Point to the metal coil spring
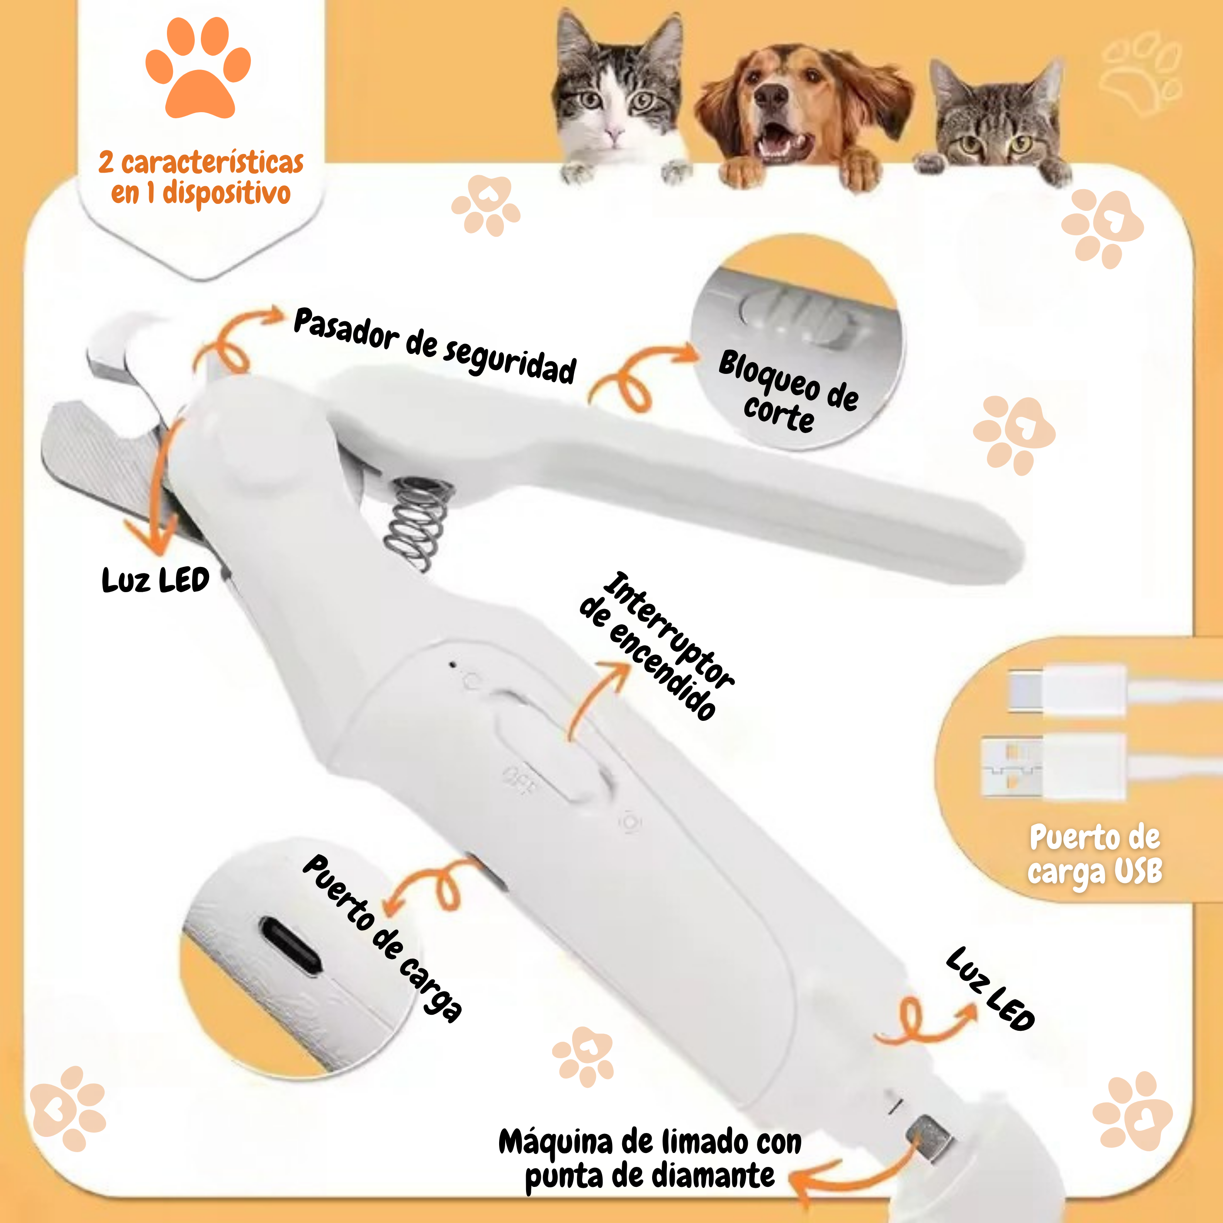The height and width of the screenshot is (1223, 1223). tap(418, 523)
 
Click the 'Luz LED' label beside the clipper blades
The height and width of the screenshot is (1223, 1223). tap(156, 580)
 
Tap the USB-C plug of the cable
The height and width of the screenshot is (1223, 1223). tap(1066, 690)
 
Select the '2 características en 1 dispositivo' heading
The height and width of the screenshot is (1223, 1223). tap(201, 178)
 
